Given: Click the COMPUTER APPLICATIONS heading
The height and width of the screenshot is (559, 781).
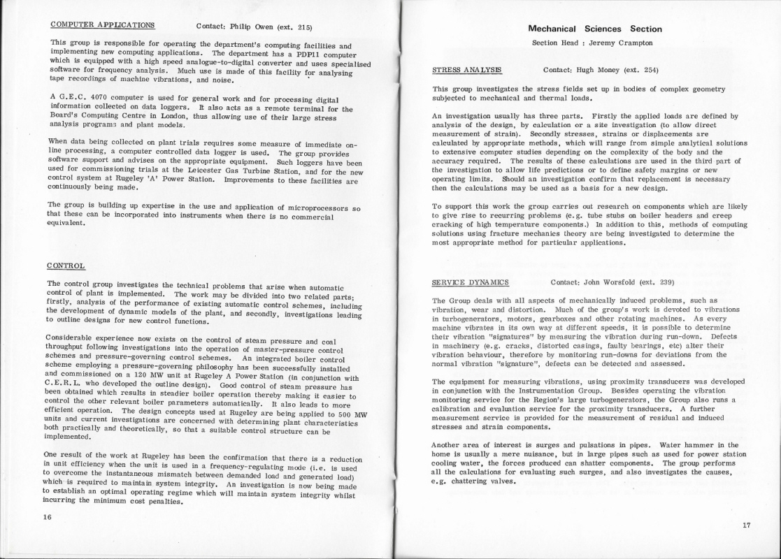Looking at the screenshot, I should coord(103,24).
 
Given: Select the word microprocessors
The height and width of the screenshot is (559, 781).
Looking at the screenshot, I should coord(313,209).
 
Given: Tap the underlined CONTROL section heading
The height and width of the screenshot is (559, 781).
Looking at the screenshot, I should coord(66,266).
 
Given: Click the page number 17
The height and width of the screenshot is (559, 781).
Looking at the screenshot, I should coord(746,525).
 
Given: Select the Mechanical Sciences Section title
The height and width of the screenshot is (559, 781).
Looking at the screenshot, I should coord(595,29).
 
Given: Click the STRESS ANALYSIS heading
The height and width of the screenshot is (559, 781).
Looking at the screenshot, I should coord(467,70).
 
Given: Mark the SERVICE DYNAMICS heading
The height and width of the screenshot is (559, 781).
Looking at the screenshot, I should coord(471,282).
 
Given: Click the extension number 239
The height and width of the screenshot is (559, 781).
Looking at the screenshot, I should coord(664,282).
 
